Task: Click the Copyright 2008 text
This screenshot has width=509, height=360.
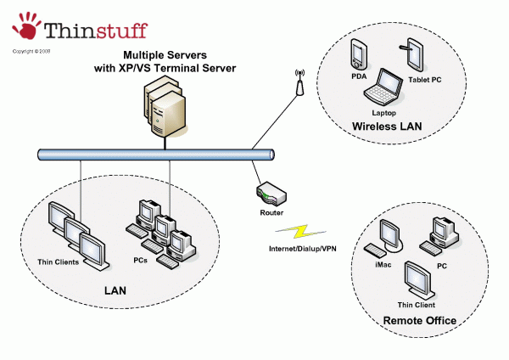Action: tap(31, 51)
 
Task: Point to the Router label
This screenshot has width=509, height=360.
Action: tap(271, 213)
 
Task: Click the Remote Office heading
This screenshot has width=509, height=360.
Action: tap(420, 320)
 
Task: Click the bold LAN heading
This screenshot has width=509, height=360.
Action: tap(115, 290)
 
